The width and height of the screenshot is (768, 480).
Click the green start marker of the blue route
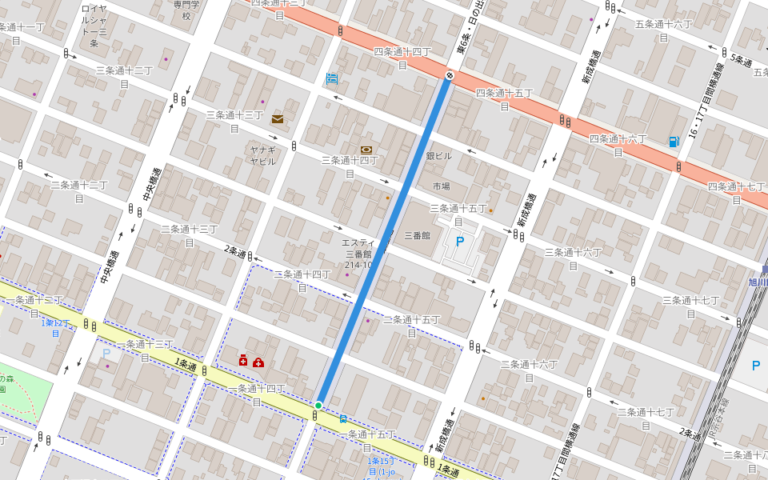pos(318,406)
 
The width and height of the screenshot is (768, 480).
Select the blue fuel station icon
pos(674,142)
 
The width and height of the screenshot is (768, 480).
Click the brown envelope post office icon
pos(278,119)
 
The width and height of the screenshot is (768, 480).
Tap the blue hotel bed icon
pos(331,78)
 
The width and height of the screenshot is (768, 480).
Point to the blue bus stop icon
pos(343,418)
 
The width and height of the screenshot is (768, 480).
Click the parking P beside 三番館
pos(459,239)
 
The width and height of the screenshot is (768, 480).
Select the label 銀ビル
pos(438,157)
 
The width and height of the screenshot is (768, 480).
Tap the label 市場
pos(441,186)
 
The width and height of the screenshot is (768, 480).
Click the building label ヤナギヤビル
pos(262,155)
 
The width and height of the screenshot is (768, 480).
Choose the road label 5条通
pos(743,59)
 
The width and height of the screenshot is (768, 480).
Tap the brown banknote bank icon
pos(366,149)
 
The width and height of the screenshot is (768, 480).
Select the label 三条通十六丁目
pos(573,258)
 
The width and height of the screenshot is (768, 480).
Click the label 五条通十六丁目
pos(663,30)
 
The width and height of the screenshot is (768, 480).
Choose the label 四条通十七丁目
pos(737,192)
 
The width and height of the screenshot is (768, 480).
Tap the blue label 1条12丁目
pos(57,328)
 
